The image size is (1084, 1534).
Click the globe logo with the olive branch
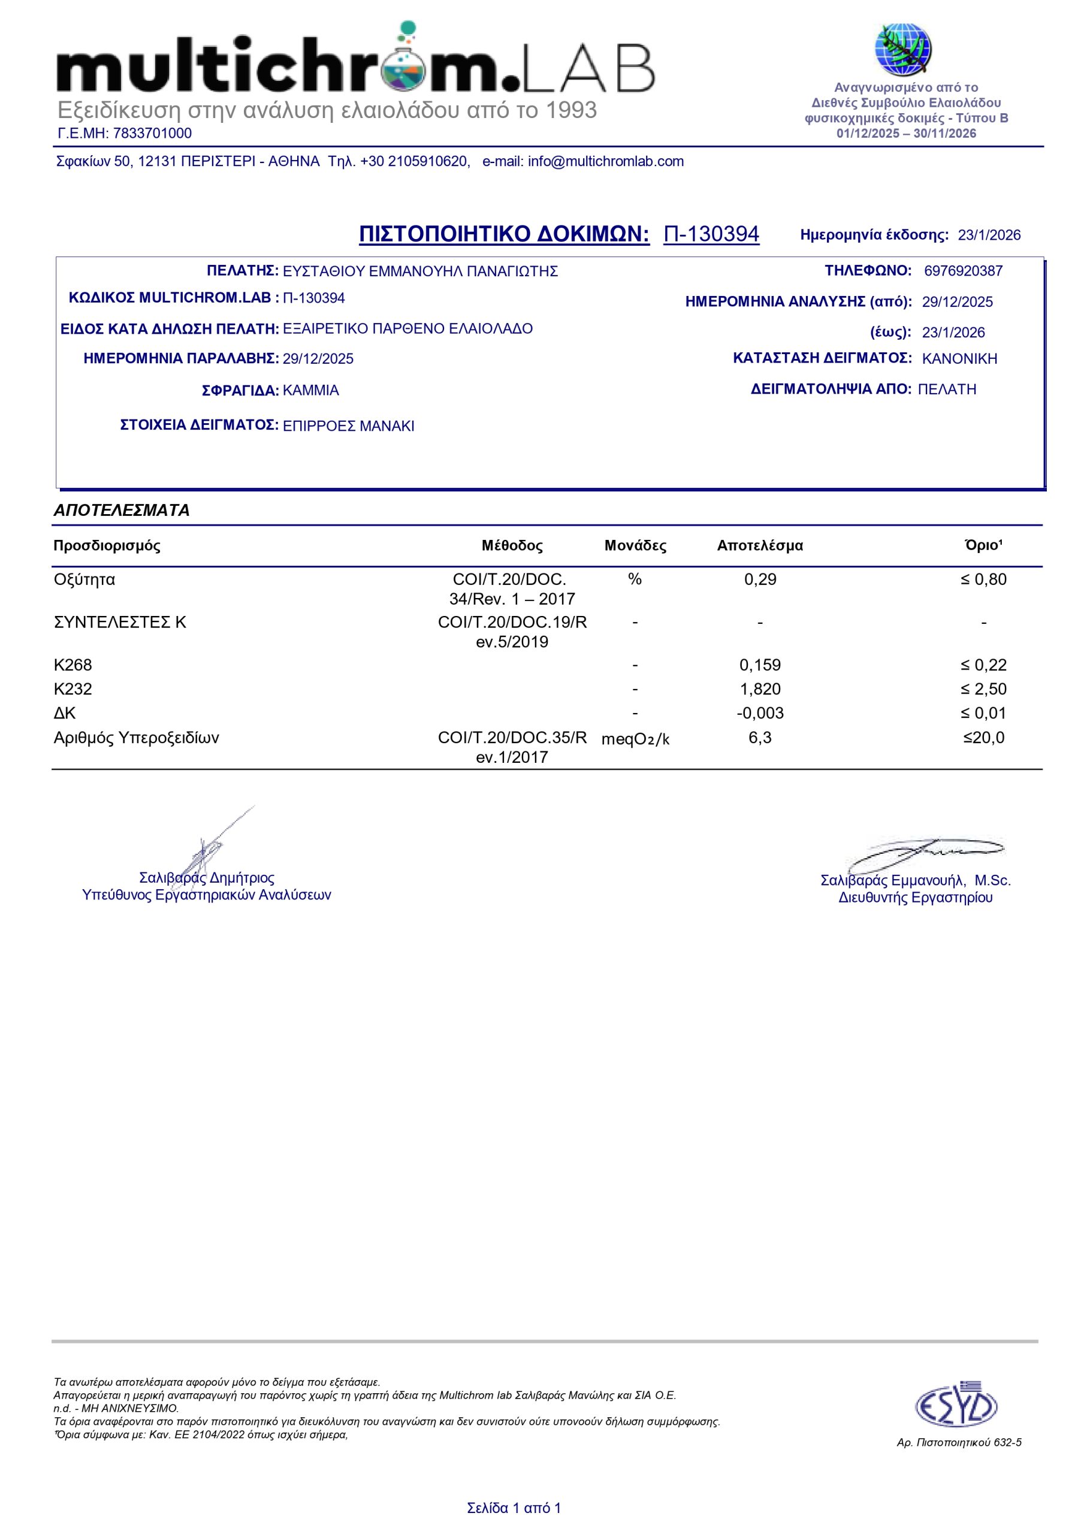pyautogui.click(x=903, y=50)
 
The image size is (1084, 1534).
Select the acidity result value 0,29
pyautogui.click(x=760, y=579)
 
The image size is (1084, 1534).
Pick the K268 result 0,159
pyautogui.click(x=760, y=665)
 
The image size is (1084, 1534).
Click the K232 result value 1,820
pyautogui.click(x=760, y=689)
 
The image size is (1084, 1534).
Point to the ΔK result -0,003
pyautogui.click(x=760, y=713)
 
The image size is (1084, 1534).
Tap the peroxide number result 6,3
pyautogui.click(x=760, y=738)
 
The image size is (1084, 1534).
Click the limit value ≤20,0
pyautogui.click(x=983, y=738)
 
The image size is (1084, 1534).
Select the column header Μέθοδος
pyautogui.click(x=512, y=546)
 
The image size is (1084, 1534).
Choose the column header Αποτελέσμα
pyautogui.click(x=760, y=546)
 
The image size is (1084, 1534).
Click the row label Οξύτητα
pyautogui.click(x=84, y=579)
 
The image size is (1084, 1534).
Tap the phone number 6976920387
pyautogui.click(x=963, y=271)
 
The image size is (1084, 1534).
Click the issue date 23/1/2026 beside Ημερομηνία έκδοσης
pyautogui.click(x=989, y=235)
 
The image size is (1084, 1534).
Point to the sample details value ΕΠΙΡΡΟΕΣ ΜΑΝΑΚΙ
pyautogui.click(x=348, y=426)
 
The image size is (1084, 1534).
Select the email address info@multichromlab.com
pyautogui.click(x=605, y=162)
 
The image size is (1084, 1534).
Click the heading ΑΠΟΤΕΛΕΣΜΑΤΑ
pyautogui.click(x=122, y=511)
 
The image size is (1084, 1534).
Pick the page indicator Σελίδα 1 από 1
pyautogui.click(x=514, y=1508)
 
